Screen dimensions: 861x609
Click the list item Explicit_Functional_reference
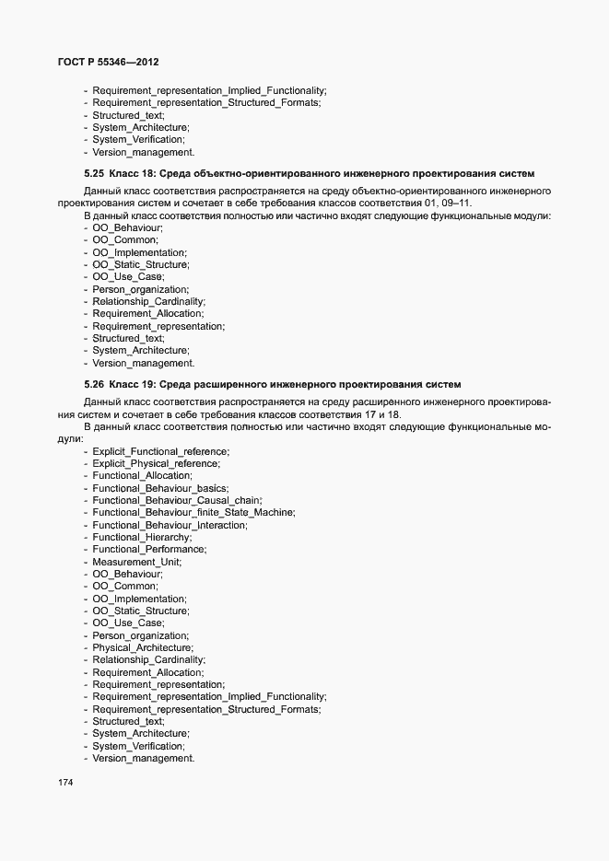tap(160, 451)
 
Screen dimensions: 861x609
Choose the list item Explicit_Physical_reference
tap(156, 463)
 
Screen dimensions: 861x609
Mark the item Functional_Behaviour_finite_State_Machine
tap(193, 513)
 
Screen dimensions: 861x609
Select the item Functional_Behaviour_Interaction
tap(169, 525)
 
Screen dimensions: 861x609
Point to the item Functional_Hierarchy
tap(141, 537)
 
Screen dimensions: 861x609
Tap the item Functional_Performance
tap(148, 550)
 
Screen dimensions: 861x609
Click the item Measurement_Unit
tap(136, 562)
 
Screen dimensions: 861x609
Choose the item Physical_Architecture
tap(142, 648)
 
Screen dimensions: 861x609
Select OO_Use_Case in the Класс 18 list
tap(128, 277)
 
